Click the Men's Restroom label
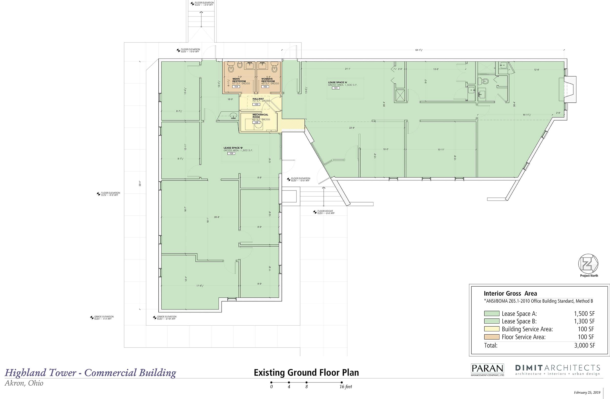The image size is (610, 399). (239, 80)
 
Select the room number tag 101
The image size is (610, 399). (335, 88)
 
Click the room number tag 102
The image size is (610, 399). (231, 153)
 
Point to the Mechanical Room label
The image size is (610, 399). (260, 116)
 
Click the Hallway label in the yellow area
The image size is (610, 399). (258, 99)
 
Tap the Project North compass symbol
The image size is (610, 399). (588, 264)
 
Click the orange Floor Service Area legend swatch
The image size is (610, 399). (492, 337)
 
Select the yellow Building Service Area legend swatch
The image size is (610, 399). (492, 329)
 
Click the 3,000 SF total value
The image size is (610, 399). (585, 345)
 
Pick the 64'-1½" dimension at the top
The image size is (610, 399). (419, 50)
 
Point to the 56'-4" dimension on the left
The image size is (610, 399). (140, 183)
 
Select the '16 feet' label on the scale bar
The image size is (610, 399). (346, 387)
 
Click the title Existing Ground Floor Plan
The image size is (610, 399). (306, 373)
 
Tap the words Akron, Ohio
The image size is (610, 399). (24, 383)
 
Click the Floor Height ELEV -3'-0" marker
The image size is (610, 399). (324, 212)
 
